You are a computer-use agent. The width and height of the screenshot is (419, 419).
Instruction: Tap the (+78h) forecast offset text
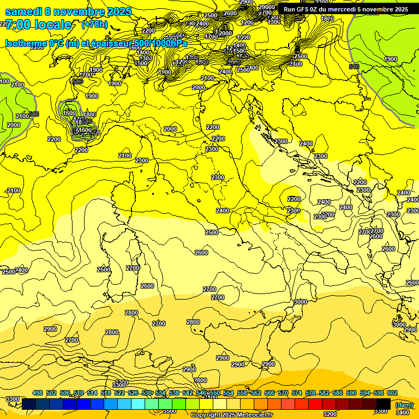(94, 24)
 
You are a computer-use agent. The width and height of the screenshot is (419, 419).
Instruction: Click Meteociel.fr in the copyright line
(251, 415)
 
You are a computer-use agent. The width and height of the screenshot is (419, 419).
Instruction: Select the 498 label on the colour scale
(38, 393)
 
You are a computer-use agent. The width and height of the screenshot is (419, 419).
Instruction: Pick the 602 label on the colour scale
(392, 393)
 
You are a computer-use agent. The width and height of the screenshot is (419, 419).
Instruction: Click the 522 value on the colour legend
(119, 393)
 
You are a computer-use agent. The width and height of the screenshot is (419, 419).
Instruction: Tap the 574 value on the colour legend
(297, 393)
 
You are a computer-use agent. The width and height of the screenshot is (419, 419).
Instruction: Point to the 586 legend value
(338, 393)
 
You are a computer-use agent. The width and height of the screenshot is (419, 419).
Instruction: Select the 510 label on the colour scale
(79, 393)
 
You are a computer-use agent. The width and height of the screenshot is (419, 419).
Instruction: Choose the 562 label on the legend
(256, 393)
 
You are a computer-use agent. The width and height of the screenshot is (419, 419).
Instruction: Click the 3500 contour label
(170, 411)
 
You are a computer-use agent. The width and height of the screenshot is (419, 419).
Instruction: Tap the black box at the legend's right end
(384, 404)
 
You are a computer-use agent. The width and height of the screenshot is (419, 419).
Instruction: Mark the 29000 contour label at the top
(267, 7)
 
